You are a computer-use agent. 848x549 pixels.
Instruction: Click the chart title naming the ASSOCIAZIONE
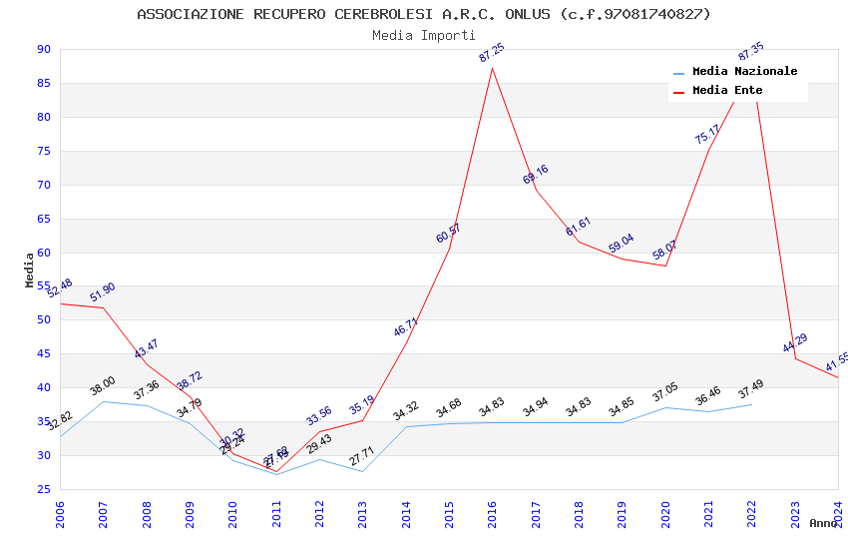(424, 14)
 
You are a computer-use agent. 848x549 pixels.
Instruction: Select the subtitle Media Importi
(424, 35)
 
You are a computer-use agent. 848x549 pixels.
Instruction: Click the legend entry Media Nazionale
(744, 72)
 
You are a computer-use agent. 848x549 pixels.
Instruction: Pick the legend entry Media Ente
(727, 91)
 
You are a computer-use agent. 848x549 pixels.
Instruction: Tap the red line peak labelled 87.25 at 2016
(492, 68)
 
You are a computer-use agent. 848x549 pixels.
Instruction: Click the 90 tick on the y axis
(43, 49)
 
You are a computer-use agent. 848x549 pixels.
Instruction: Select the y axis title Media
(30, 270)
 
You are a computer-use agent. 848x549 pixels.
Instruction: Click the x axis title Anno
(823, 523)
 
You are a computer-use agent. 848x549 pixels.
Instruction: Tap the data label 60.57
(449, 234)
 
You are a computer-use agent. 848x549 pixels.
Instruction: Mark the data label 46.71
(406, 326)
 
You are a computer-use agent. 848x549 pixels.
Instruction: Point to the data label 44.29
(795, 343)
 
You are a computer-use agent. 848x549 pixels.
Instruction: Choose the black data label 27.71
(362, 456)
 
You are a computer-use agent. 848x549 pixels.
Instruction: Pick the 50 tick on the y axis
(43, 320)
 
